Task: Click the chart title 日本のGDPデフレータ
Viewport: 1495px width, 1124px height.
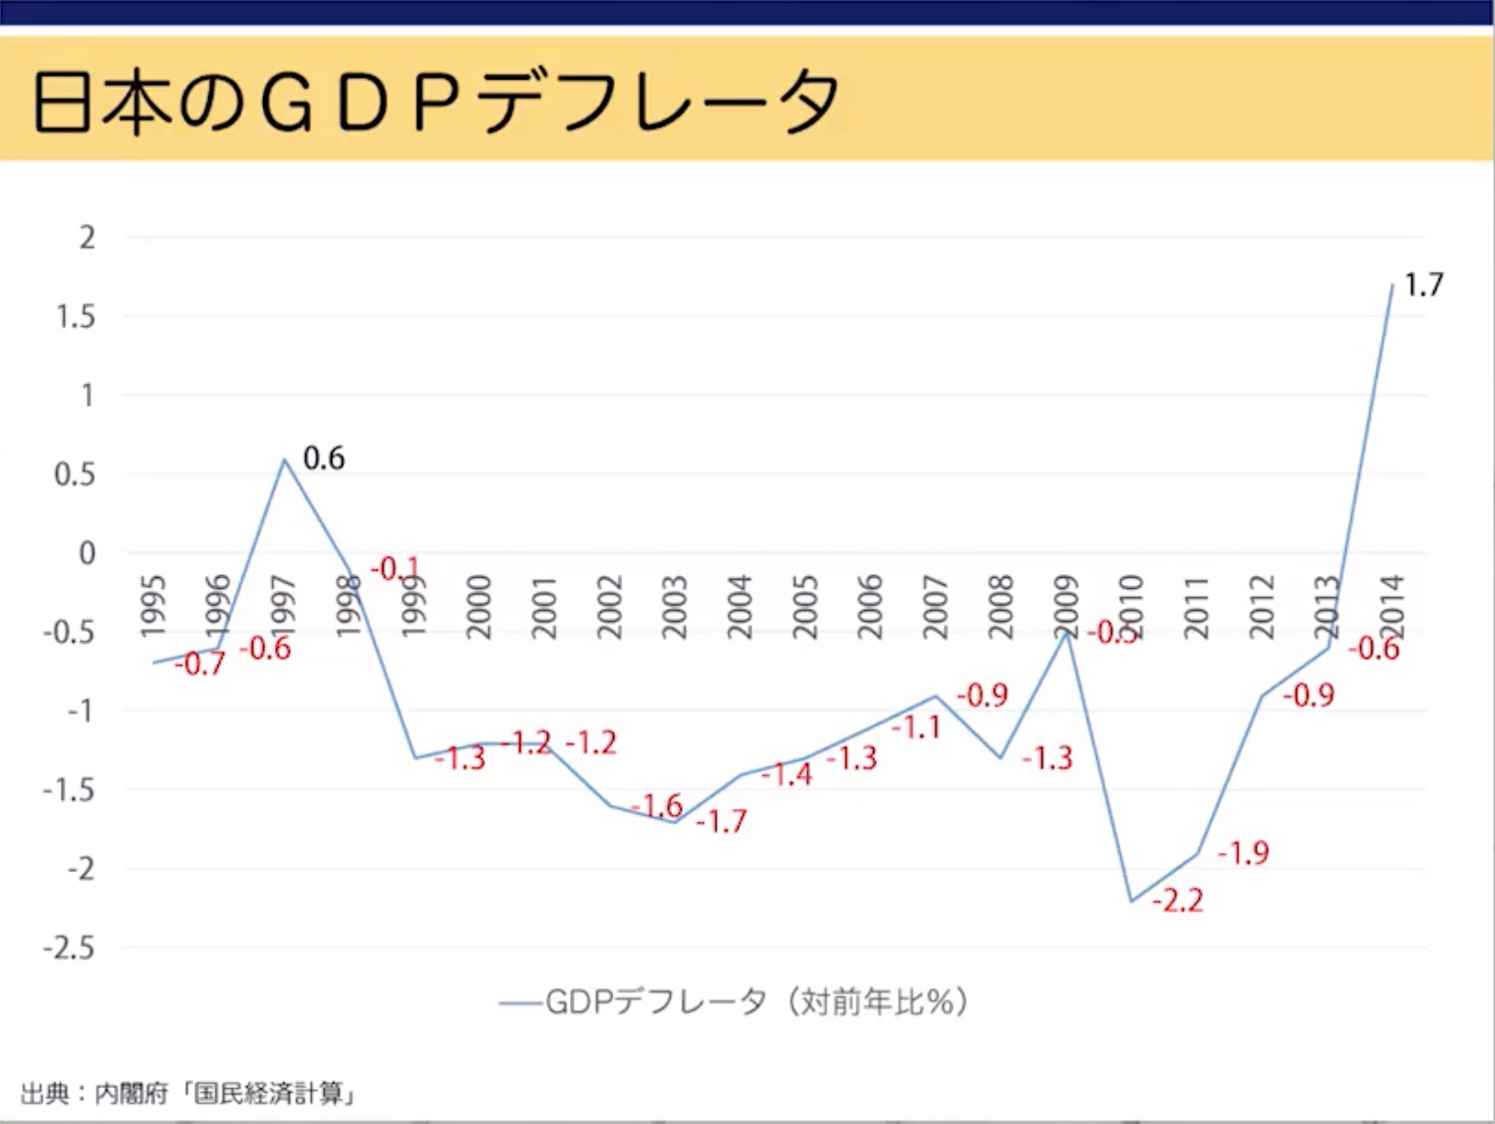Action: (436, 103)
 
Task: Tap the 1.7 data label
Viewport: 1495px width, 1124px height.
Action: (1423, 286)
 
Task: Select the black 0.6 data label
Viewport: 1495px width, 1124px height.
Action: (324, 458)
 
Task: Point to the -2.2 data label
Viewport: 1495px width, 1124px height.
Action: (1177, 901)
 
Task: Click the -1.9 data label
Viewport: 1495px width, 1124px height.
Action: (1243, 853)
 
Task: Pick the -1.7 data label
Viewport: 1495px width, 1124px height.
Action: (721, 821)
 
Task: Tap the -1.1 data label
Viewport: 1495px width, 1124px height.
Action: (915, 727)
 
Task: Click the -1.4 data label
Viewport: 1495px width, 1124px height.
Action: (786, 774)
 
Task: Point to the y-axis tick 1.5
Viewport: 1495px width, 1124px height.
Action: (76, 317)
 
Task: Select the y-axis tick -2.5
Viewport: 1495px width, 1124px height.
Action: (69, 948)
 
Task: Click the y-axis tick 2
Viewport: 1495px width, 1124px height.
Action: (88, 238)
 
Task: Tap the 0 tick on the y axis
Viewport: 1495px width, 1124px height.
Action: (88, 553)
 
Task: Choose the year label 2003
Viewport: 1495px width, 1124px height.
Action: (675, 606)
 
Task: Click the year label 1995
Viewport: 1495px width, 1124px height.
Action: (152, 606)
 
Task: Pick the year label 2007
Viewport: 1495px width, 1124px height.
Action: (935, 606)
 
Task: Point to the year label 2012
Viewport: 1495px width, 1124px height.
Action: (1262, 606)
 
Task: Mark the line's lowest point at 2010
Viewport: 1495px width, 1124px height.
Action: (1131, 901)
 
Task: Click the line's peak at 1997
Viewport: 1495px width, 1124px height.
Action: (284, 459)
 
